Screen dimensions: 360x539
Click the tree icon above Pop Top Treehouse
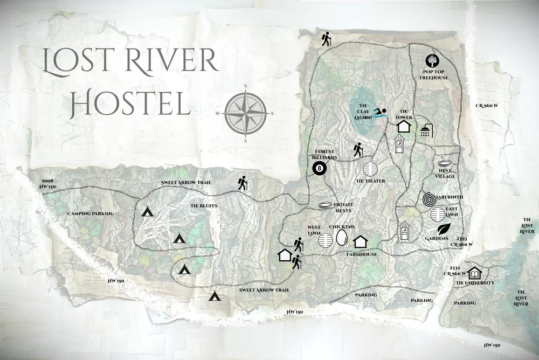coord(432,61)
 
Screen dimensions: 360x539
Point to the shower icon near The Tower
coord(426,130)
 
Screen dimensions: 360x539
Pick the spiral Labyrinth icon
coord(430,200)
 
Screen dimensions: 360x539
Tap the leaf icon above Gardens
coord(444,229)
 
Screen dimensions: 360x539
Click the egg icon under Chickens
coord(342,238)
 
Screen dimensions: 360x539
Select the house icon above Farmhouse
coord(360,241)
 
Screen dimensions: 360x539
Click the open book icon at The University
coord(474,273)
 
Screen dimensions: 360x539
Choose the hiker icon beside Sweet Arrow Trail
coord(243,184)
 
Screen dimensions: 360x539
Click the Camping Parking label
coord(91,214)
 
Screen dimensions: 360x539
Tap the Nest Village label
coord(445,173)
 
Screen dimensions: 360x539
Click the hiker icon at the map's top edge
coord(326,39)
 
